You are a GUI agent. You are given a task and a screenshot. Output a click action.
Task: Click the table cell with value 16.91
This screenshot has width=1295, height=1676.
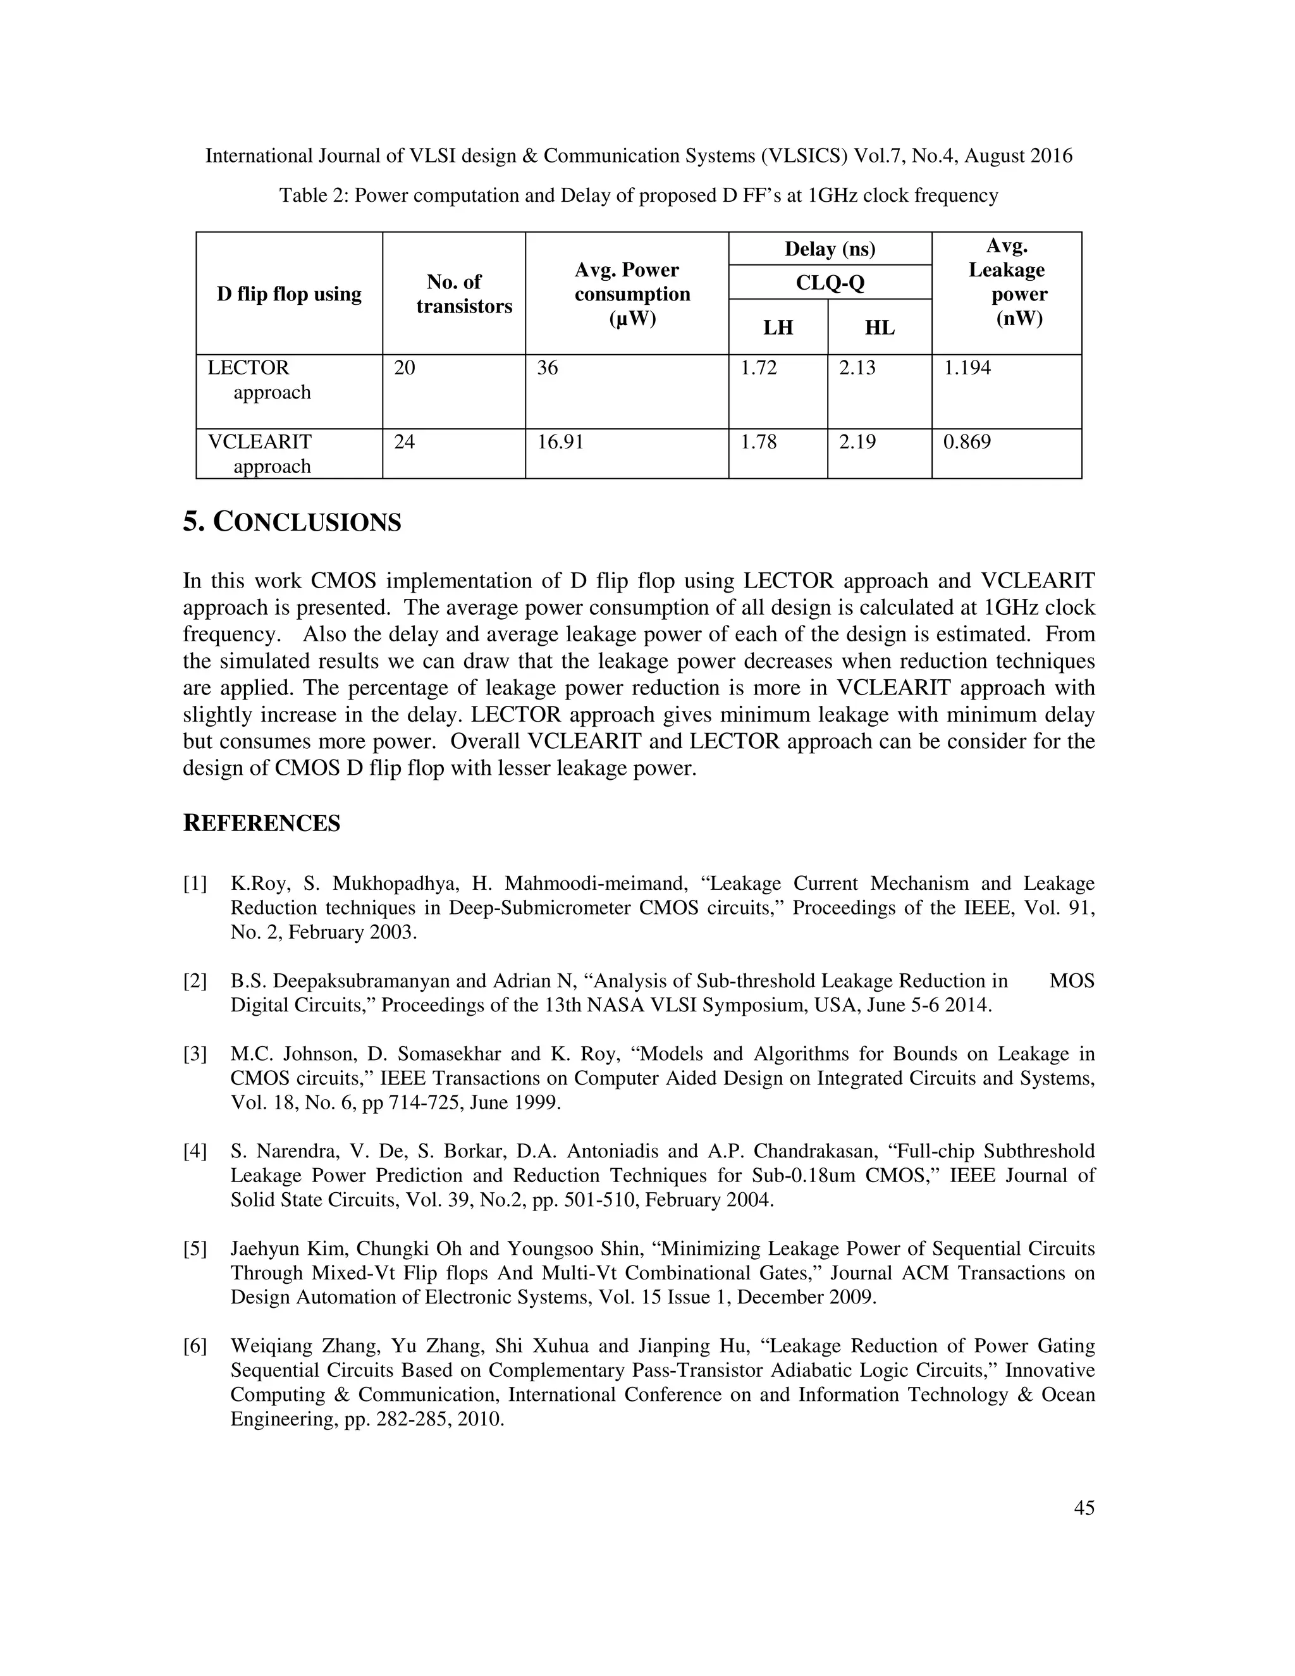click(x=560, y=442)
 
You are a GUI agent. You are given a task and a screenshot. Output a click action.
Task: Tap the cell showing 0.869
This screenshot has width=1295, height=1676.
click(x=967, y=442)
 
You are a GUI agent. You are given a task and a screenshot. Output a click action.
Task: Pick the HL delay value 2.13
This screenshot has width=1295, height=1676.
click(x=857, y=368)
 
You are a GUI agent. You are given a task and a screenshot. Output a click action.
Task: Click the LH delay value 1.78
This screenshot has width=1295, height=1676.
click(x=758, y=442)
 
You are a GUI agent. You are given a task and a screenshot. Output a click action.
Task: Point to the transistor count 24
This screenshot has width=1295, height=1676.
click(x=404, y=442)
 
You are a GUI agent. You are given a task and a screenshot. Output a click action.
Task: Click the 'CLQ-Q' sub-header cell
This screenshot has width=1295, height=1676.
click(x=830, y=283)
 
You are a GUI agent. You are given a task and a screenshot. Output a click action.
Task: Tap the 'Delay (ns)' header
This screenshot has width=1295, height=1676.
click(x=830, y=249)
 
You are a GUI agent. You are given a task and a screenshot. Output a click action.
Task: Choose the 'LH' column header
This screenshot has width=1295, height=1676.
click(x=777, y=328)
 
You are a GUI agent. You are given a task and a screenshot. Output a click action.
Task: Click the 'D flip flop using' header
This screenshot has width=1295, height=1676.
click(x=289, y=294)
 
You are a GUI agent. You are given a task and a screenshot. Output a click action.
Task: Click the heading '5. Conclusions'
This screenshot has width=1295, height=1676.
click(x=292, y=522)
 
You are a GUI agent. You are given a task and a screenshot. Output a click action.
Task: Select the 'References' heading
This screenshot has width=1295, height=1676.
click(x=262, y=823)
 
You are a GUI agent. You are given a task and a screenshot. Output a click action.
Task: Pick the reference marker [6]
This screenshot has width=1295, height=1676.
click(x=195, y=1346)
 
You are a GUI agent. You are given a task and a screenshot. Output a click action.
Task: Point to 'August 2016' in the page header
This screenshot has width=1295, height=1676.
click(x=1018, y=157)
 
